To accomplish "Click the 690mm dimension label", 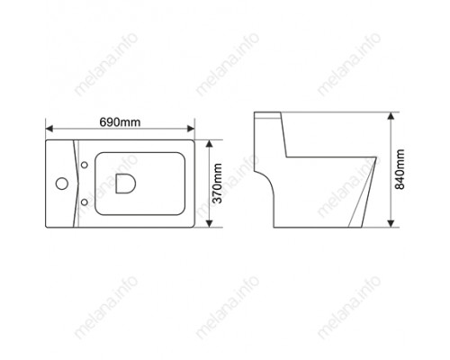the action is [x=120, y=122].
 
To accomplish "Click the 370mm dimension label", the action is [x=217, y=184].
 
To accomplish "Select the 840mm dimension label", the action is [x=400, y=169].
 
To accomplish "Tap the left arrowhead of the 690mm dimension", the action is [x=49, y=129].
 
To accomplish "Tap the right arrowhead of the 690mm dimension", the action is [x=191, y=129].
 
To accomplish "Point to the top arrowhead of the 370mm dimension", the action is [x=210, y=144].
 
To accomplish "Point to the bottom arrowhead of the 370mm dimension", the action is [x=210, y=223].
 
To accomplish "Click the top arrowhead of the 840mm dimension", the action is [x=391, y=116].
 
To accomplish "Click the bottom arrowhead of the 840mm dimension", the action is [x=391, y=223].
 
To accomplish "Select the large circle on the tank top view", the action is [x=62, y=184].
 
